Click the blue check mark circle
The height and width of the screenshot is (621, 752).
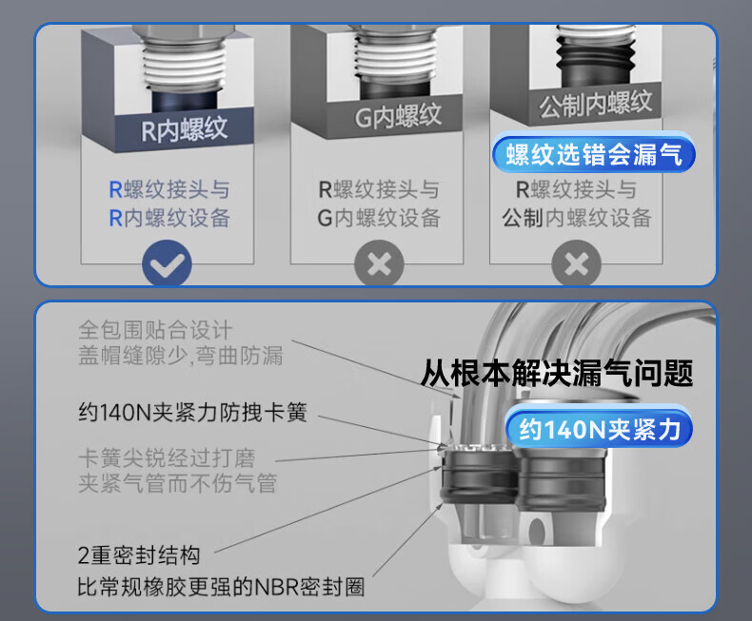tap(167, 263)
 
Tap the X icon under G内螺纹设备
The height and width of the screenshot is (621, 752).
tap(379, 263)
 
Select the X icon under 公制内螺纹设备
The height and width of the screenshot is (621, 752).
tap(577, 263)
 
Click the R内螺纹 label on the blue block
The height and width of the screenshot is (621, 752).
tap(184, 129)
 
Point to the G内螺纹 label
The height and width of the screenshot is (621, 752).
tap(398, 116)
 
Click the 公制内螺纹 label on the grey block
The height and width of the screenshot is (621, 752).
tap(595, 103)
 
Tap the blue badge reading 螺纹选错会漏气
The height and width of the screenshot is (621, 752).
tap(594, 154)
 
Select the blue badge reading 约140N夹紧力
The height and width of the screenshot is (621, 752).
tap(600, 428)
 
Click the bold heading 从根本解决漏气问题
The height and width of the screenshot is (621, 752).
tap(557, 373)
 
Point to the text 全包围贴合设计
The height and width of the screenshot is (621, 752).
tap(155, 330)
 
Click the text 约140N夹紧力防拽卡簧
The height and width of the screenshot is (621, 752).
tap(192, 412)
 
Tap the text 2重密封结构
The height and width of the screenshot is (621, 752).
tap(139, 555)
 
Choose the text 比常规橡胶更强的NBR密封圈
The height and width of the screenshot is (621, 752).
tap(221, 587)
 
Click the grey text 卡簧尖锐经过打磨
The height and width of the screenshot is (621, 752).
tap(167, 458)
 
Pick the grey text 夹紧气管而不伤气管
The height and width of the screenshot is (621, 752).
tap(177, 483)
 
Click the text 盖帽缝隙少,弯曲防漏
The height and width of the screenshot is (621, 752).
tap(180, 355)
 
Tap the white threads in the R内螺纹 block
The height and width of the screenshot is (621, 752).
tap(184, 66)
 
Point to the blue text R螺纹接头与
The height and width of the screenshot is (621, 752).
tap(169, 189)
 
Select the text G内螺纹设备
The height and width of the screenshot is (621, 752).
tap(379, 218)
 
